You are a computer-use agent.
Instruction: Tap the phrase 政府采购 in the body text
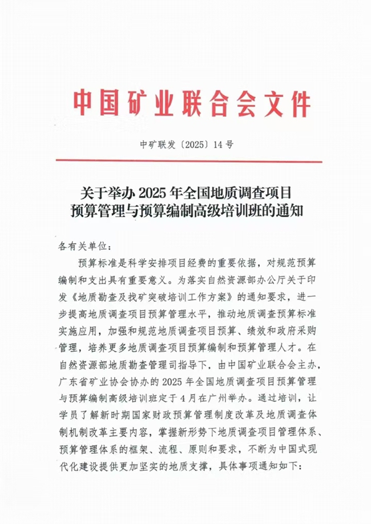(302, 330)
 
